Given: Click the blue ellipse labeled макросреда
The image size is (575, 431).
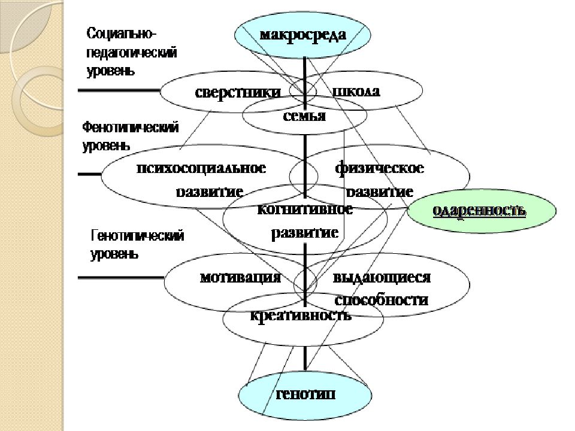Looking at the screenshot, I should (302, 34).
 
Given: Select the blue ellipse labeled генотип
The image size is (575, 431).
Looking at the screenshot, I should (305, 395).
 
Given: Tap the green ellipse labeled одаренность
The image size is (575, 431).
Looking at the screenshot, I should (479, 211).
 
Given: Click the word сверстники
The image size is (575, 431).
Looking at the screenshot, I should (238, 92).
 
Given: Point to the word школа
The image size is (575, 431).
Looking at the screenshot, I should (356, 92).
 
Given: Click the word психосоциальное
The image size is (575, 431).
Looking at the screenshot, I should (201, 168).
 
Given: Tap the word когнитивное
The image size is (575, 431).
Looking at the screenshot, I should (304, 210).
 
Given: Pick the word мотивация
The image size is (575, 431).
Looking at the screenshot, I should (241, 277).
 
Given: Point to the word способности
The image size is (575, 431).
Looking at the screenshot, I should (381, 300).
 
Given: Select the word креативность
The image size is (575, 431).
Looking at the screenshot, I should (301, 315).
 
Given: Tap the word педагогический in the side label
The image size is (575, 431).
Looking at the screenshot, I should (132, 53).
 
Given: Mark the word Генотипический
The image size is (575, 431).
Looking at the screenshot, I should (137, 236).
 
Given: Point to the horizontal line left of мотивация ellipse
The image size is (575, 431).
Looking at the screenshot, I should (120, 277).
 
